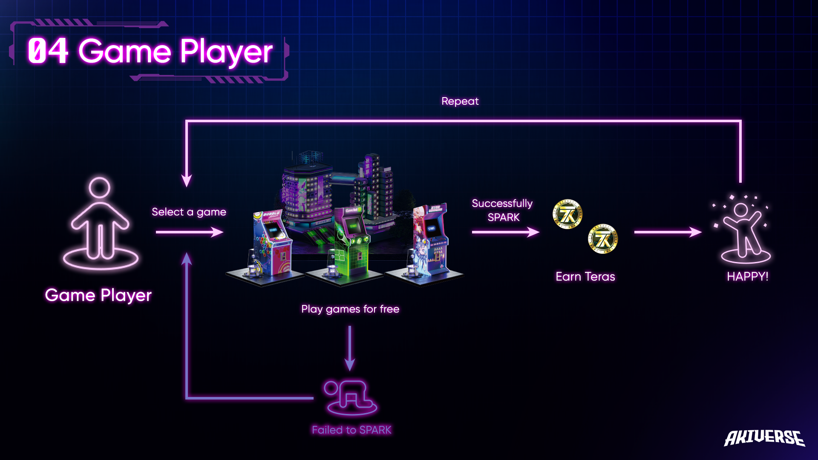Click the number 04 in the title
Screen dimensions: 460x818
click(x=48, y=51)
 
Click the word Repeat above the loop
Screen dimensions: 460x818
click(x=460, y=101)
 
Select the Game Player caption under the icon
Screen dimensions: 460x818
click(x=98, y=295)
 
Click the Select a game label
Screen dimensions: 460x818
click(x=189, y=212)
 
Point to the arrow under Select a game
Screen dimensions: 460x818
click(x=190, y=232)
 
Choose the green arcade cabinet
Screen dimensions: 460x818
click(x=349, y=243)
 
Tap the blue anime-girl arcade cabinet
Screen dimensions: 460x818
click(x=428, y=241)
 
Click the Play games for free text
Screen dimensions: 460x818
click(x=350, y=309)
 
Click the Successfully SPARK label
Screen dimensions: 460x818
click(x=502, y=210)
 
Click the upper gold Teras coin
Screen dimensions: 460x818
click(x=567, y=214)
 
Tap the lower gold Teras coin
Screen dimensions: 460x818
click(x=602, y=239)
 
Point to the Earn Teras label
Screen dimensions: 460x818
click(x=585, y=277)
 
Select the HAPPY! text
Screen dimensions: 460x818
click(x=747, y=277)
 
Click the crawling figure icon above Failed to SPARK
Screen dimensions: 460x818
click(x=350, y=397)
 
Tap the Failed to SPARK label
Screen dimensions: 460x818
click(x=351, y=430)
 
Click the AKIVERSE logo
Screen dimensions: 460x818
click(x=764, y=438)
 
